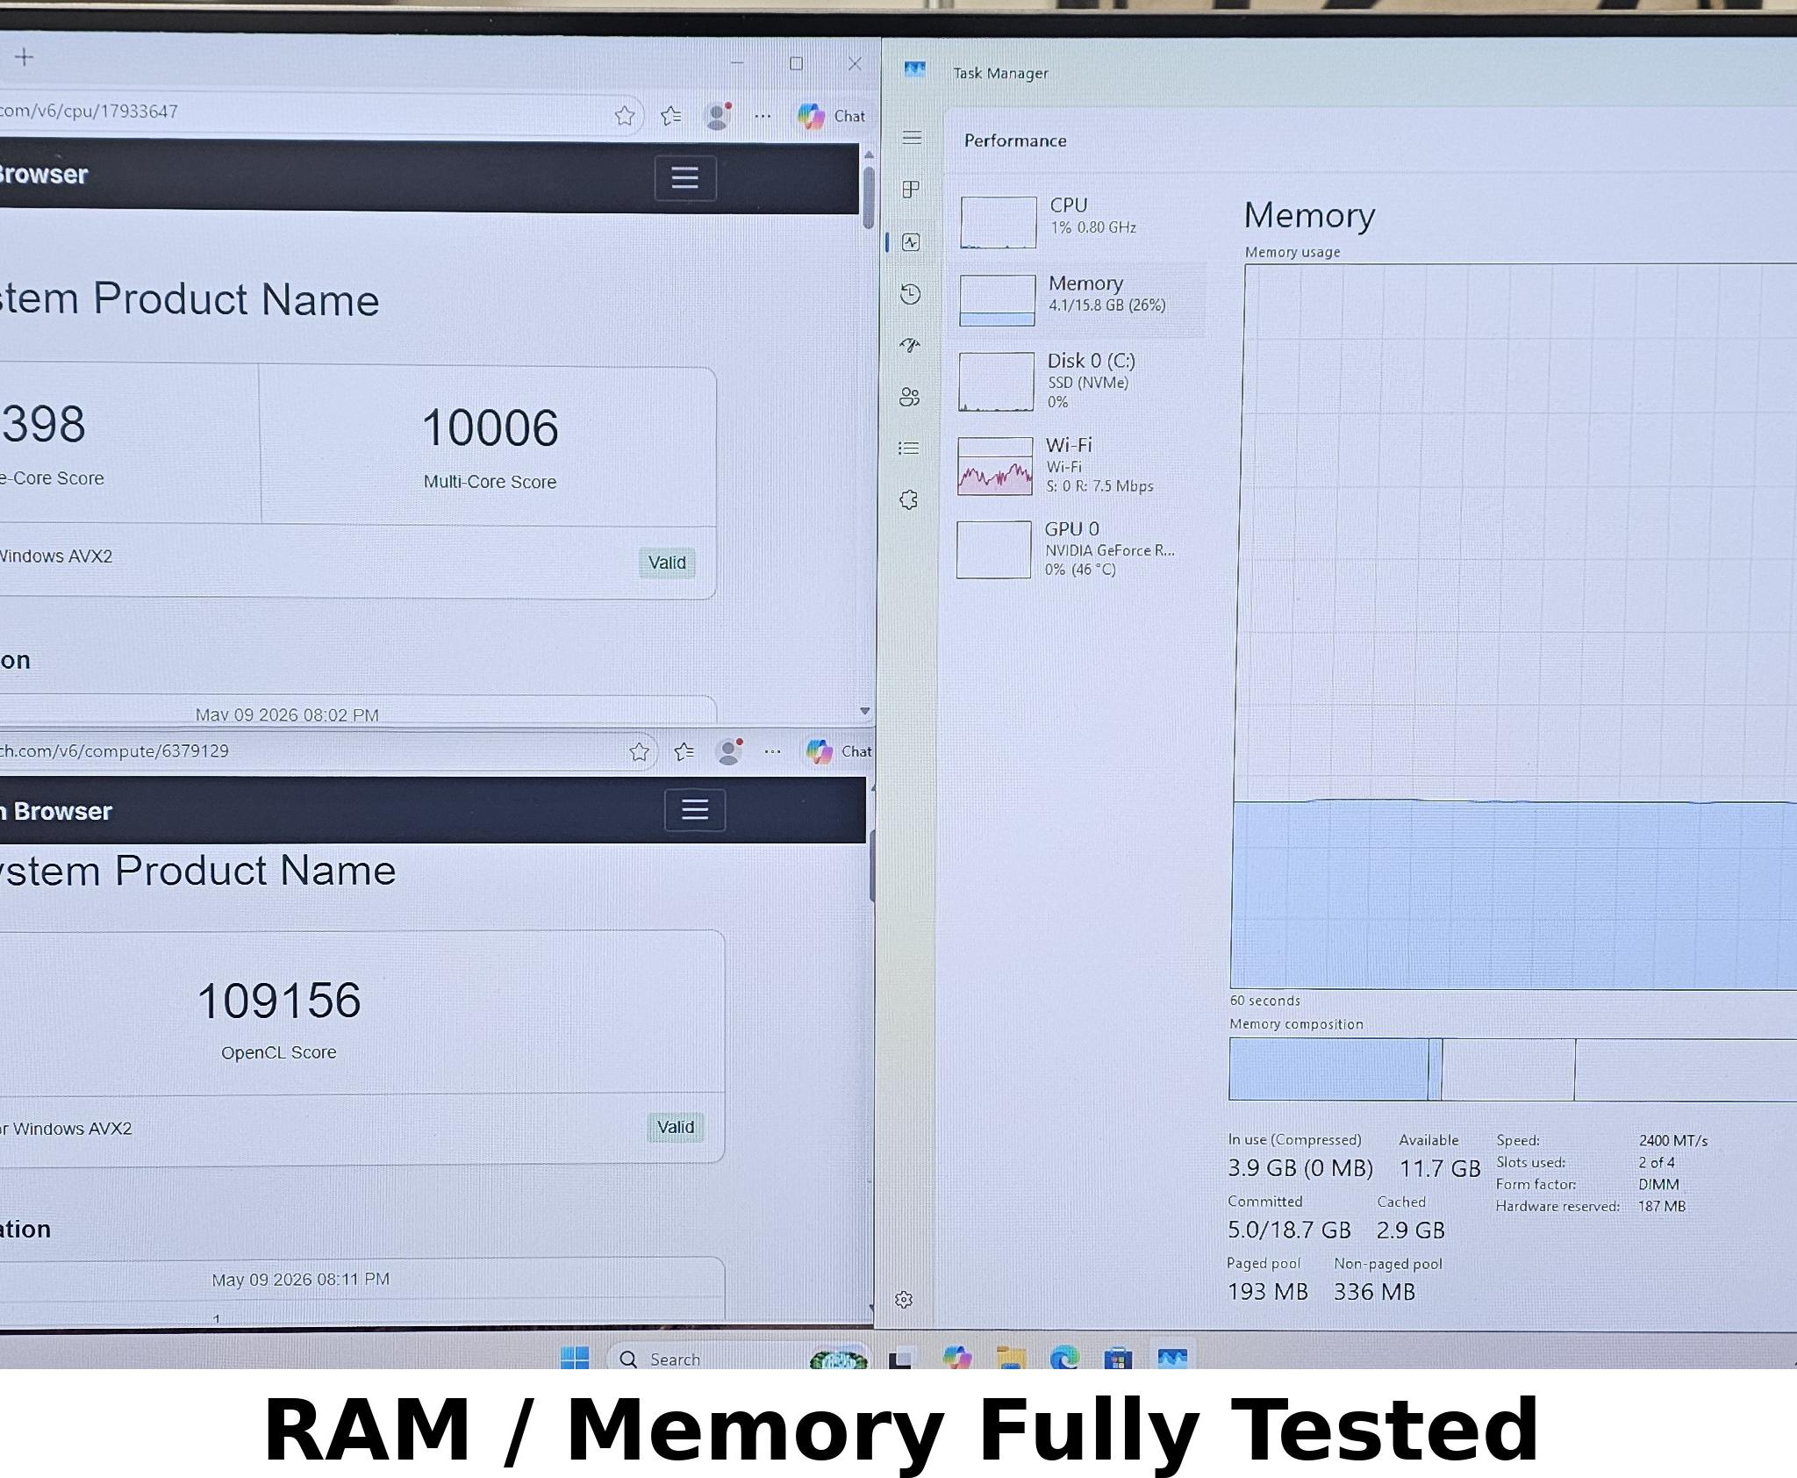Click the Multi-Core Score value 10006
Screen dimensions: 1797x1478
point(490,428)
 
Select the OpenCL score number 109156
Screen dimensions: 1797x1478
point(279,1001)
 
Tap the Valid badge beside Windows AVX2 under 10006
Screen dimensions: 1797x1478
point(667,563)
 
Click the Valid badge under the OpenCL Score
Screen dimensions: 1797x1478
point(676,1127)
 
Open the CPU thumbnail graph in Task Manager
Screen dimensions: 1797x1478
point(999,223)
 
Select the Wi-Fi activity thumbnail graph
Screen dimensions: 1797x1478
point(995,466)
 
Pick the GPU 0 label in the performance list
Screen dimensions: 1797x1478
point(1071,528)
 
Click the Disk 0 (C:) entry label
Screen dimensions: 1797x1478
point(1091,361)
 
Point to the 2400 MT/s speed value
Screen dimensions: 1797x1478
point(1672,1141)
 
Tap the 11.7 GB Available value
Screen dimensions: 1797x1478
point(1440,1169)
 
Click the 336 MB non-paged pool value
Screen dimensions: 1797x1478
point(1374,1292)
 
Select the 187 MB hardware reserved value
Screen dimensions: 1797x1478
point(1662,1207)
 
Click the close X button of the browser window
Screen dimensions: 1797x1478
point(855,63)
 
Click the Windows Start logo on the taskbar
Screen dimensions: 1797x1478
point(575,1358)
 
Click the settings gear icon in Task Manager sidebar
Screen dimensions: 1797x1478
point(904,1300)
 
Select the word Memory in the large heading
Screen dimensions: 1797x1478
point(1309,216)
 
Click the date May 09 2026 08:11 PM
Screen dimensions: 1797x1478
point(300,1280)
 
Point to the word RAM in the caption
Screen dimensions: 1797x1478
point(366,1430)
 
